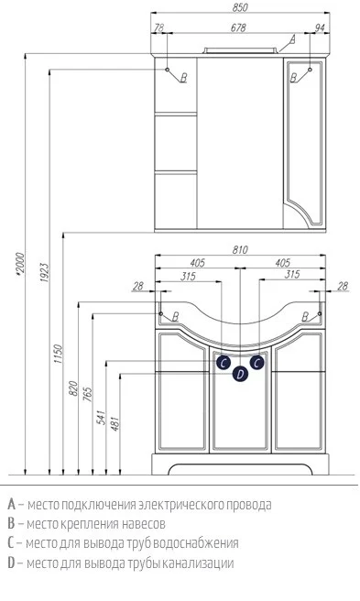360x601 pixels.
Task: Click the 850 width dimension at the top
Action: [x=240, y=7]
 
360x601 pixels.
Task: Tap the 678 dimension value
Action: [x=238, y=27]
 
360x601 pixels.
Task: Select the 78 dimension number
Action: [x=158, y=27]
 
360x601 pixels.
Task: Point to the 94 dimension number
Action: [x=319, y=27]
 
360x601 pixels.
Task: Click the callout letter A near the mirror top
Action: [x=292, y=38]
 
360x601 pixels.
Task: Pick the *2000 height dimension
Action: [x=20, y=264]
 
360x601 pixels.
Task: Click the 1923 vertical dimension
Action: [x=45, y=272]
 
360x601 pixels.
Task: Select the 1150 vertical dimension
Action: [x=58, y=354]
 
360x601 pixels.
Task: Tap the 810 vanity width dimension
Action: [x=240, y=250]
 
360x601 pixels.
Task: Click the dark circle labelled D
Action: [x=240, y=374]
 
